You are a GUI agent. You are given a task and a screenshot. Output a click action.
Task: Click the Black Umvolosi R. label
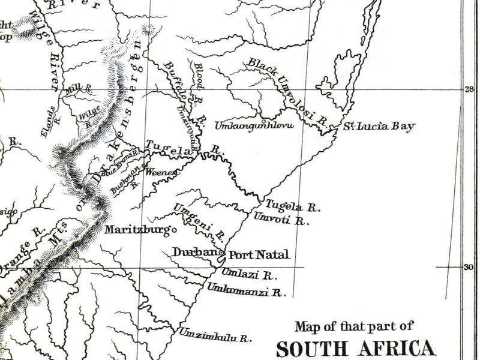pyautogui.click(x=287, y=91)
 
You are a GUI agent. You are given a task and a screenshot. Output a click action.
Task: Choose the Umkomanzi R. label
pyautogui.click(x=245, y=292)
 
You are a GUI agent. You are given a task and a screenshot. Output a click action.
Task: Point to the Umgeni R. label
pyautogui.click(x=199, y=220)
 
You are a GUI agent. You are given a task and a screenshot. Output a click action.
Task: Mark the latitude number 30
pyautogui.click(x=469, y=267)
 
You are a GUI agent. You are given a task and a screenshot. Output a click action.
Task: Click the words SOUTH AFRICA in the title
pyautogui.click(x=356, y=349)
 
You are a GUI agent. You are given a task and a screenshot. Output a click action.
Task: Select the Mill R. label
pyautogui.click(x=79, y=89)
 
